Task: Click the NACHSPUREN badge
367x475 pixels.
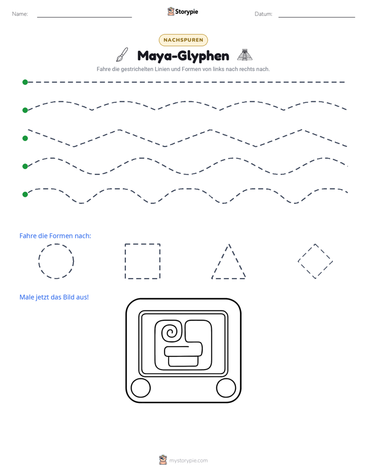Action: pos(183,40)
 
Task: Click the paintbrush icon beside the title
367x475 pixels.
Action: pos(122,54)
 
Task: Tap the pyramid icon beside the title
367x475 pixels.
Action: pos(245,55)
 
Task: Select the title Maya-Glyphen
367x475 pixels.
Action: pos(183,56)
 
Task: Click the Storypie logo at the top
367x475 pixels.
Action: pos(182,11)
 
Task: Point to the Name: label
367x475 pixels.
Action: pos(20,14)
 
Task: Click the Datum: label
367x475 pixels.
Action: pos(264,14)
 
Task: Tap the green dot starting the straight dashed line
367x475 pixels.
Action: pos(25,82)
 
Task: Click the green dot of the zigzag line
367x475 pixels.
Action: pos(25,138)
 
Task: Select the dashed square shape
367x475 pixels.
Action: pos(125,261)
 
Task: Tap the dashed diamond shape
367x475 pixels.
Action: pos(306,252)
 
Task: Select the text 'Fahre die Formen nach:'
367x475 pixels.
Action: pos(55,235)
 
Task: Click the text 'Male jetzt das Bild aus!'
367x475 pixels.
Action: pos(54,297)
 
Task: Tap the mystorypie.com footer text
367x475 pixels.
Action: pos(188,461)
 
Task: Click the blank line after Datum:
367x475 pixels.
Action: pos(317,17)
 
